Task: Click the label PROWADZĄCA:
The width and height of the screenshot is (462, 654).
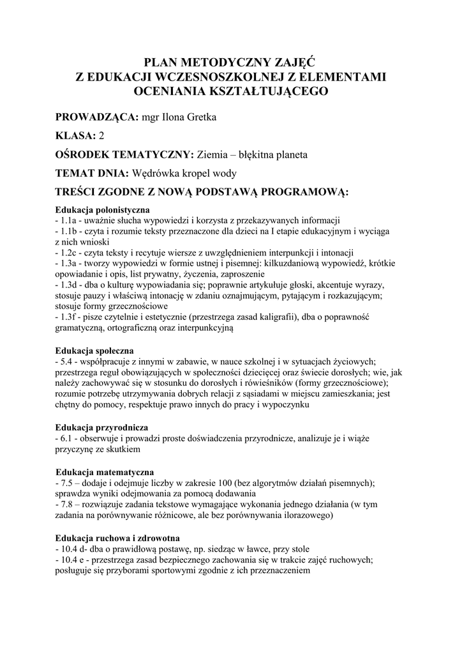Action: (x=97, y=118)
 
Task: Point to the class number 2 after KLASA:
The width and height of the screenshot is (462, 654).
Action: (x=101, y=136)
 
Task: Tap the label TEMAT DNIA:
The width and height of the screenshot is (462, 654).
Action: (x=93, y=173)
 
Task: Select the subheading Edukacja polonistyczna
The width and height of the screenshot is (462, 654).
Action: (x=102, y=209)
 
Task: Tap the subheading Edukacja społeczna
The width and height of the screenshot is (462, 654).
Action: (x=94, y=351)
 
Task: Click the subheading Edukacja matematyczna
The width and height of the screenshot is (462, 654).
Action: (x=104, y=472)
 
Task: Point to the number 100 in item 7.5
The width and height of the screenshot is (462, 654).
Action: (x=225, y=482)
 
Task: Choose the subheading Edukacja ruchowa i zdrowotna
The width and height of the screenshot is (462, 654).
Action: (x=117, y=538)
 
